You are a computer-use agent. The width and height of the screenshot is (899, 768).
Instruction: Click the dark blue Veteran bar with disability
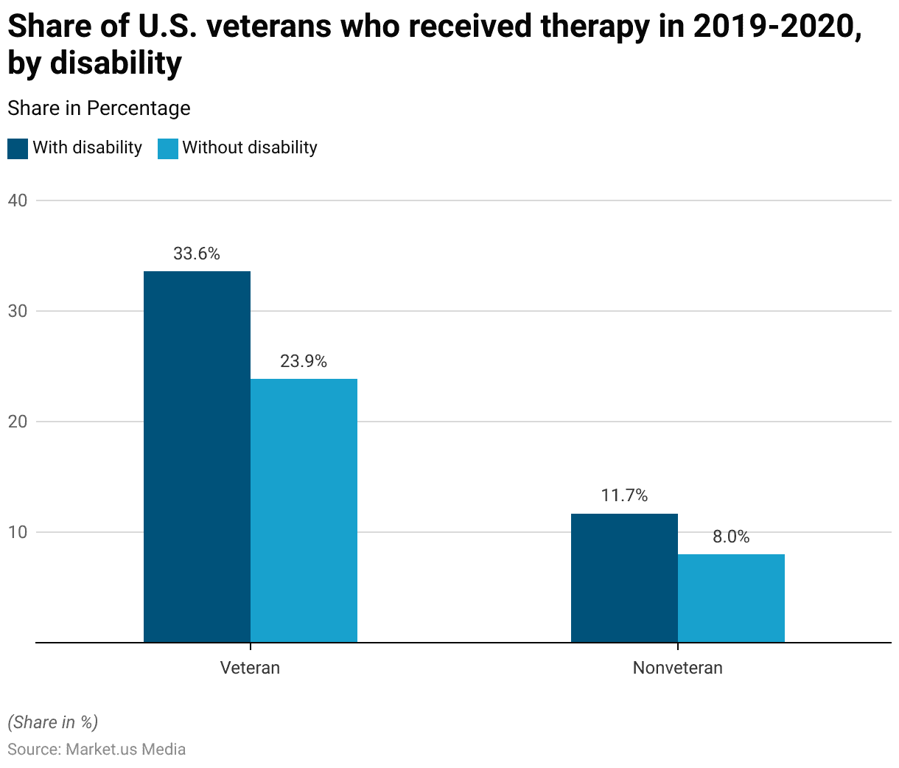click(197, 457)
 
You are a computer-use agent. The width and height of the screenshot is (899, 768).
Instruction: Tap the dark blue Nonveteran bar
click(624, 578)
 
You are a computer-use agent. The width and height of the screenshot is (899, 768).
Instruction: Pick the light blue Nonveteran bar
click(731, 598)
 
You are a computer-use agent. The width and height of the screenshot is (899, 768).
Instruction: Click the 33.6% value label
click(197, 254)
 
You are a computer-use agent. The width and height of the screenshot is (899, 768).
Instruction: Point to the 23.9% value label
click(304, 361)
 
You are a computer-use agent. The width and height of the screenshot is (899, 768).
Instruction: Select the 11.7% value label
click(624, 495)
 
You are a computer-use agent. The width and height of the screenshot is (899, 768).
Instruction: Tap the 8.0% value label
click(731, 537)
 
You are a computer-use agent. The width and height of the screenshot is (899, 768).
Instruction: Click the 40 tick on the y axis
click(18, 200)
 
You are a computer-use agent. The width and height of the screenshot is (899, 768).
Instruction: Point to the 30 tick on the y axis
click(18, 311)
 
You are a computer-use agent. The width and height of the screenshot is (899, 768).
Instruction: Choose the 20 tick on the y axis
click(18, 422)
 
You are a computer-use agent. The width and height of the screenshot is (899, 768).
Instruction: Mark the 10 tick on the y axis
click(18, 532)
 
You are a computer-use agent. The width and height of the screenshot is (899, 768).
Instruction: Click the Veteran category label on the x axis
click(251, 668)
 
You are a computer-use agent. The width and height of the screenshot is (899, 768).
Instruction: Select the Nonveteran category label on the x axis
click(678, 668)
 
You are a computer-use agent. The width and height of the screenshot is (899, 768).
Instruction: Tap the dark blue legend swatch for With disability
click(18, 148)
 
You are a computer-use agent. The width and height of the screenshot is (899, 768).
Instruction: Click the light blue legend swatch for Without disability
click(168, 148)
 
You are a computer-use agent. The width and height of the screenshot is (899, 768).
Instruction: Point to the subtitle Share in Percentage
click(99, 108)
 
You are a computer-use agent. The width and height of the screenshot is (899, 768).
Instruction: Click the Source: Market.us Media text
click(97, 749)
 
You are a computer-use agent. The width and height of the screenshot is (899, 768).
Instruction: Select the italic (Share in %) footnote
click(52, 722)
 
